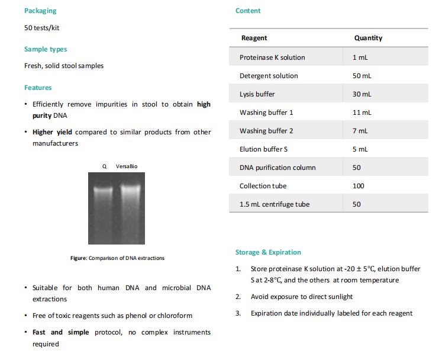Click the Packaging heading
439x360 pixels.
pos(40,11)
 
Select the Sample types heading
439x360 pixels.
pos(46,49)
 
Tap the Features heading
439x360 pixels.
pos(38,88)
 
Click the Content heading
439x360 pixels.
pos(248,11)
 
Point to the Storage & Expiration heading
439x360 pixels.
pos(268,252)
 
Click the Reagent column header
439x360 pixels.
pos(254,38)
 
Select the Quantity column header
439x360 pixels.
pos(368,38)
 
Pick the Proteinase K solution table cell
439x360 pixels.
pos(272,57)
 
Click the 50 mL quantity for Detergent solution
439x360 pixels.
pos(362,76)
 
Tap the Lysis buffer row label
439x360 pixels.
pos(257,94)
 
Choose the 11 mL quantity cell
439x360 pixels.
pos(362,112)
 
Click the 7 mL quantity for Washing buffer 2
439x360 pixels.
pos(360,131)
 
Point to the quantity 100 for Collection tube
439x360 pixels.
pos(358,186)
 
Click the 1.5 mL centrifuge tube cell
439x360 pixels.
pos(275,204)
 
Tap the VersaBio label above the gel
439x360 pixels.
pos(127,166)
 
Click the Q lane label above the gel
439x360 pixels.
pos(105,166)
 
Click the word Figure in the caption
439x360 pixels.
pos(78,258)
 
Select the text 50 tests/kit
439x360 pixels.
pos(41,28)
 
